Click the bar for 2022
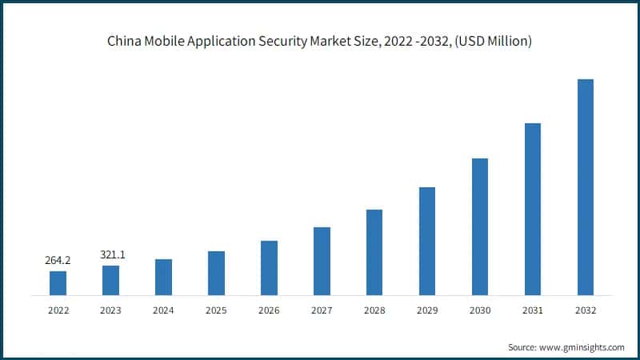click(x=58, y=283)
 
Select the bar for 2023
click(x=110, y=280)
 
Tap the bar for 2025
click(x=216, y=273)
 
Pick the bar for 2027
click(x=322, y=261)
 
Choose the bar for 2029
click(x=427, y=241)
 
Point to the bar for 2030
click(x=480, y=226)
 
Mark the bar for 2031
click(x=533, y=209)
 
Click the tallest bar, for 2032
click(x=586, y=187)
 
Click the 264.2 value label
click(x=58, y=260)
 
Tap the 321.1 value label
click(x=110, y=254)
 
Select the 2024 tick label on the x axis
click(x=163, y=310)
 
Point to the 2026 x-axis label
click(x=269, y=310)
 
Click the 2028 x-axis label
click(x=374, y=310)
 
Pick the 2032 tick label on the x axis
click(x=586, y=310)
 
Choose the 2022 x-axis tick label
click(x=58, y=310)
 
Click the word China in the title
click(x=124, y=41)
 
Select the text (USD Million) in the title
click(x=494, y=41)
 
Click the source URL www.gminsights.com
click(x=582, y=347)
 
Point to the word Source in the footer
click(x=522, y=347)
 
